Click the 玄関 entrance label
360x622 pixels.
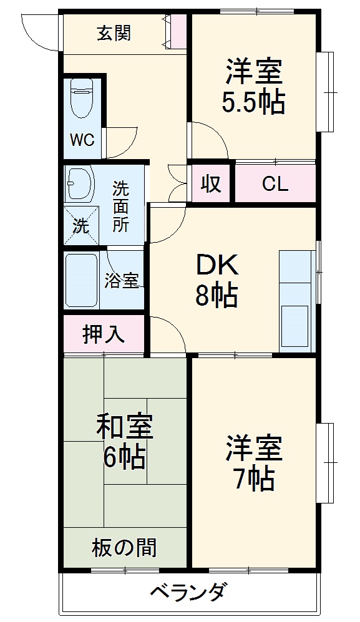click(x=114, y=33)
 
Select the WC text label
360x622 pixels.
click(x=82, y=140)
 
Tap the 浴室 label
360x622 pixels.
click(x=122, y=281)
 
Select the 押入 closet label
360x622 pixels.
click(x=104, y=334)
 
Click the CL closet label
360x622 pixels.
click(x=275, y=184)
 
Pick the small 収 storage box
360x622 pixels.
click(x=211, y=184)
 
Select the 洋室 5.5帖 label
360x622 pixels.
click(x=254, y=86)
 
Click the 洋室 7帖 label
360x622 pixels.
click(x=254, y=462)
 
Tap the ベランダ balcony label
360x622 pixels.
click(x=187, y=592)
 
